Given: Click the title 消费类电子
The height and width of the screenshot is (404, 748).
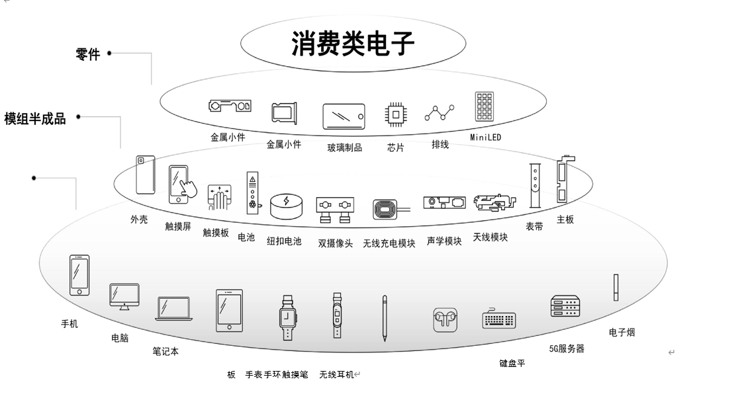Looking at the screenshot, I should click(x=353, y=44).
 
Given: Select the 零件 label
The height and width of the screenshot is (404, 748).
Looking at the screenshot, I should click(x=88, y=55).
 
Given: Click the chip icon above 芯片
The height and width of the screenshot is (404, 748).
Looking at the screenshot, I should click(x=396, y=115).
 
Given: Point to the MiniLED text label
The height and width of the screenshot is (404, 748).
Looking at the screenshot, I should click(x=485, y=138).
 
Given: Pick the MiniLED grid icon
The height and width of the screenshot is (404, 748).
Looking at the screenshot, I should click(x=485, y=106).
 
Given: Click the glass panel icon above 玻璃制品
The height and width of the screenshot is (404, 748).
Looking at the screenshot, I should click(x=344, y=116).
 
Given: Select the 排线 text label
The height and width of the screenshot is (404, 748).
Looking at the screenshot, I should click(x=440, y=144).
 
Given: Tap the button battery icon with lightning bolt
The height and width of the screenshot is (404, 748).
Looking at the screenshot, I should click(x=286, y=206).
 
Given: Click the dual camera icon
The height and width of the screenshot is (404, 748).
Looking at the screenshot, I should click(x=334, y=208).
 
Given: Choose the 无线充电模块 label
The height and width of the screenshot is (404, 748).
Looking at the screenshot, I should click(x=389, y=243).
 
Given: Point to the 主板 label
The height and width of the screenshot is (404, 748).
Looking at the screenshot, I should click(x=565, y=220).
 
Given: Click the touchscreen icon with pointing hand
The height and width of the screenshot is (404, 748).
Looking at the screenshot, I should click(x=181, y=184).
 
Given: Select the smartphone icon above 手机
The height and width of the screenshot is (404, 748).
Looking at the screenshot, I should click(x=79, y=275).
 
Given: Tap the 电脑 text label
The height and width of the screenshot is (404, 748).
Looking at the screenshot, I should click(x=120, y=338).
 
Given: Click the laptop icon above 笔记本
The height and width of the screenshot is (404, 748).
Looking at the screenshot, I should click(x=174, y=308).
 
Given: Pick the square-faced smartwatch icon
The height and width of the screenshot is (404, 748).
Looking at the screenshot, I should click(x=287, y=317).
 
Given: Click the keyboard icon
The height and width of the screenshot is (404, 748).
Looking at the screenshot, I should click(x=498, y=319).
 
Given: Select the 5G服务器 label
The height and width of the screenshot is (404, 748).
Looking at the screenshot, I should click(x=567, y=348).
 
